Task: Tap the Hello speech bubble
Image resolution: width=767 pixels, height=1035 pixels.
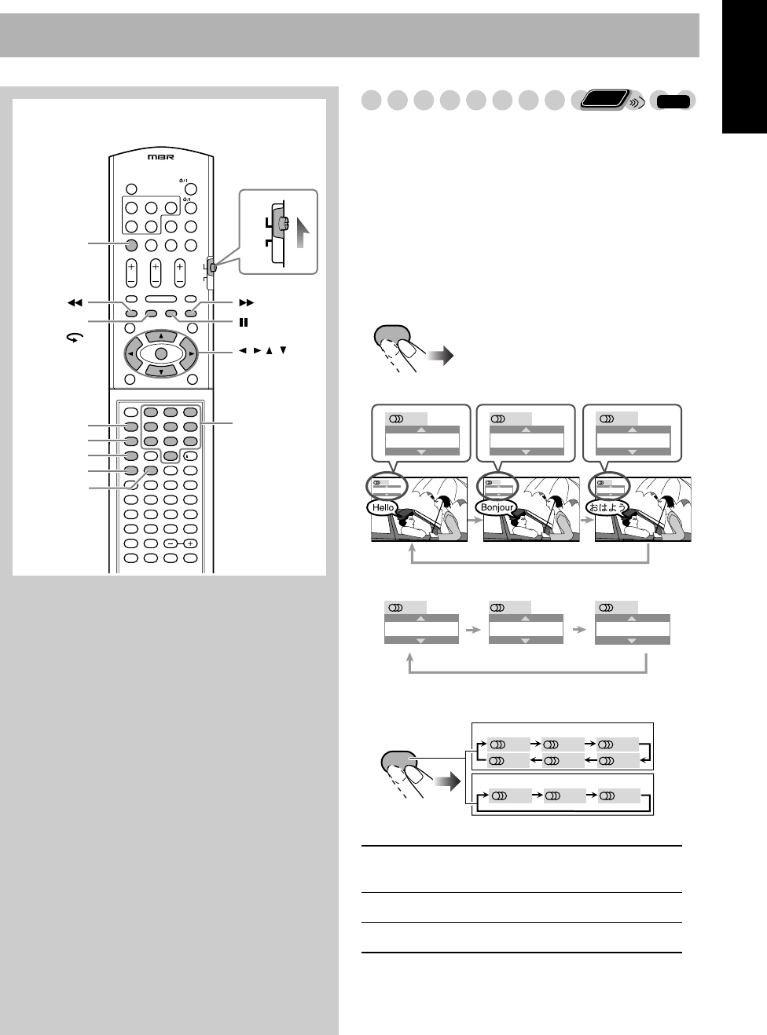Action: click(x=383, y=507)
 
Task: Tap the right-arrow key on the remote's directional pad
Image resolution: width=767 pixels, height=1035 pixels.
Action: click(x=191, y=354)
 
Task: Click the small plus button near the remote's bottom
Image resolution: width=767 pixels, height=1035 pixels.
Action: click(x=189, y=543)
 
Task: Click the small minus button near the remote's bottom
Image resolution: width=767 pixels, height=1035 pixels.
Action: click(x=171, y=543)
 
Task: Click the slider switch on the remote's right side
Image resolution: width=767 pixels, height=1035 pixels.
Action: click(x=213, y=269)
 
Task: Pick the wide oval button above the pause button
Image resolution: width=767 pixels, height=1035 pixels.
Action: click(x=160, y=299)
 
